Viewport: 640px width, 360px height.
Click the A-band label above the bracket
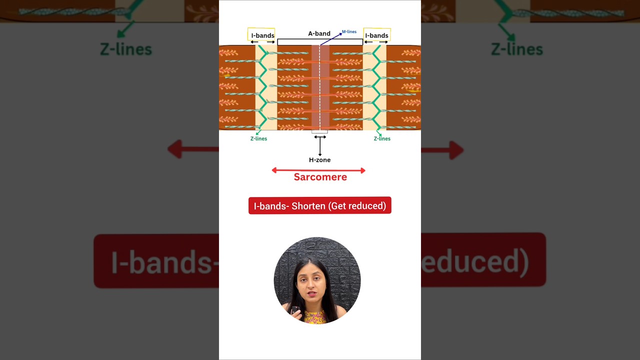click(319, 33)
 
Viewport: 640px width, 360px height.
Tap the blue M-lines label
click(349, 32)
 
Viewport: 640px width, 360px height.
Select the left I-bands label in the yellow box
click(262, 35)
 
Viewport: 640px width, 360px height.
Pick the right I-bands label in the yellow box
click(376, 35)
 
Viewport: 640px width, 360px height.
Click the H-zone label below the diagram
click(319, 160)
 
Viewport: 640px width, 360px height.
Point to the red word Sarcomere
click(320, 177)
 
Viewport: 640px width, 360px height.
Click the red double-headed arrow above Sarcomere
click(318, 170)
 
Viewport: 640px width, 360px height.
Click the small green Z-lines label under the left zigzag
click(258, 138)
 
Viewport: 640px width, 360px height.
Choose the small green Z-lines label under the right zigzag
click(382, 138)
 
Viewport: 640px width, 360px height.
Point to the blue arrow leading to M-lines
click(331, 38)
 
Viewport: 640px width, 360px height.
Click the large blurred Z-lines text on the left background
click(126, 49)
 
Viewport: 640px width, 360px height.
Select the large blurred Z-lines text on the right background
click(516, 49)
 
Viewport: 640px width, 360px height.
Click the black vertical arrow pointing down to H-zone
click(320, 146)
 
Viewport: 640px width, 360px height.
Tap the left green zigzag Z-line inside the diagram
click(262, 87)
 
